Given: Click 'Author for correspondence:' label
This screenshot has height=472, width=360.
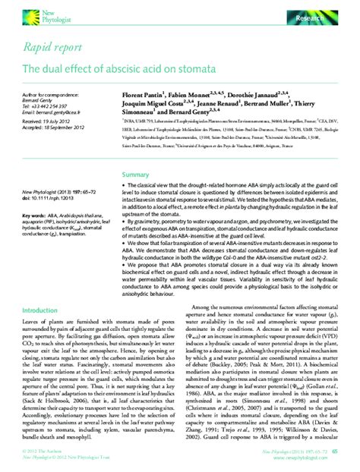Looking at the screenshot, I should pos(50,93).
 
